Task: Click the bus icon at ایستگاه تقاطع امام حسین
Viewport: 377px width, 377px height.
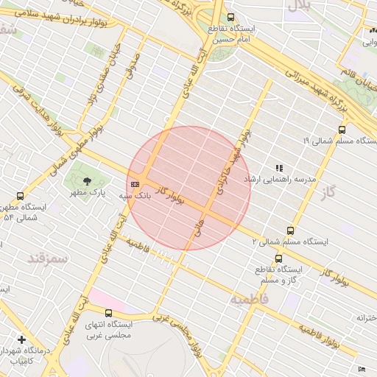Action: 231,18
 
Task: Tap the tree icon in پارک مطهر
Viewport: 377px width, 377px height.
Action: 87,180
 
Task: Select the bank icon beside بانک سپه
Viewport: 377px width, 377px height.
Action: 135,184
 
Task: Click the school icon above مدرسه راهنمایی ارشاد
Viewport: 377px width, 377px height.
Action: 279,168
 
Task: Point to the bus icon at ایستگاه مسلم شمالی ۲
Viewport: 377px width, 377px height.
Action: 289,230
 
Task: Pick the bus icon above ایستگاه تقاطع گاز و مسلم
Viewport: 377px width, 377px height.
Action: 278,258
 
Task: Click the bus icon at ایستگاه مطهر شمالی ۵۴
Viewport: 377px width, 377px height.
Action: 20,197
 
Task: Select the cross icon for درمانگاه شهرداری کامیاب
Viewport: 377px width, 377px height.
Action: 22,340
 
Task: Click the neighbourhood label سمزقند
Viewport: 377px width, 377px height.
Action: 47,258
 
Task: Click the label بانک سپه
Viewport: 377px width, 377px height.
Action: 135,196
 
